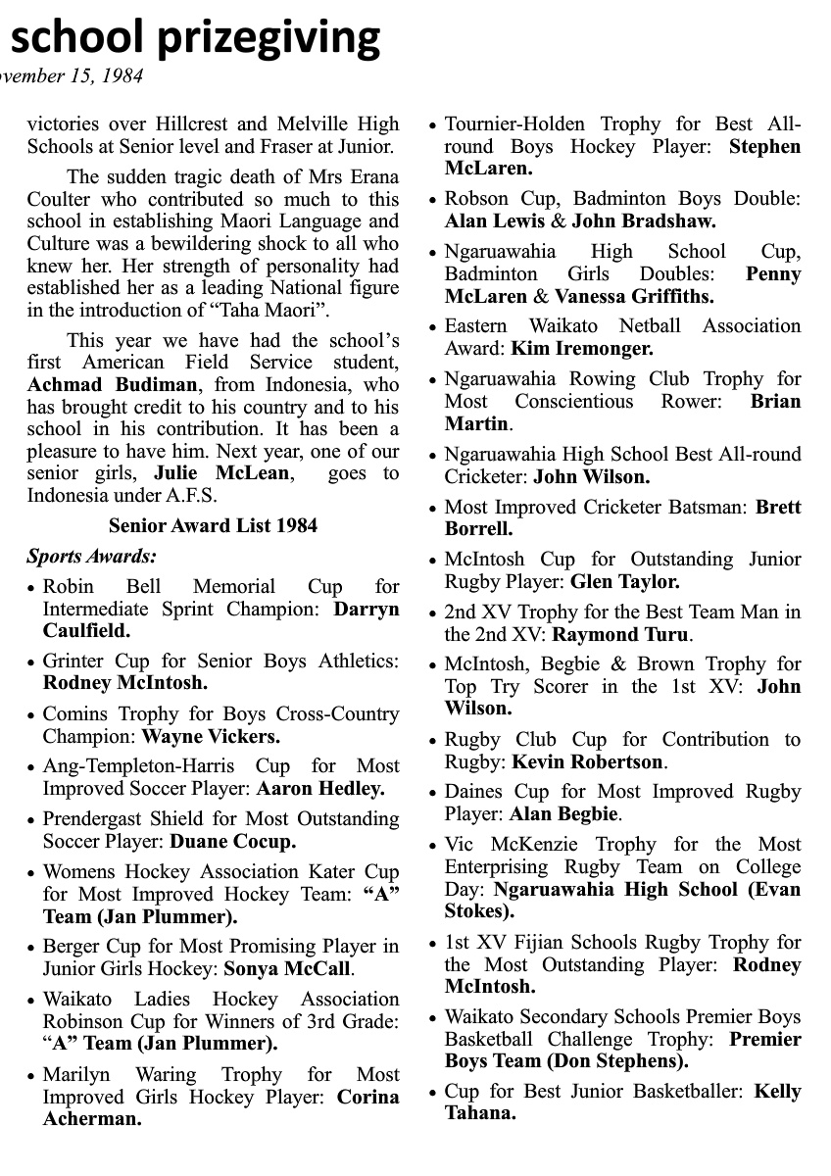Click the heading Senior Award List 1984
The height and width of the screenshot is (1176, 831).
click(x=213, y=526)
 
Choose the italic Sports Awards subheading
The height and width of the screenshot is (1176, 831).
click(x=91, y=557)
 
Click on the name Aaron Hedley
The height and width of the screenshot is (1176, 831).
click(x=320, y=789)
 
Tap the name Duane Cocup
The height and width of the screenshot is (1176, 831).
click(x=233, y=842)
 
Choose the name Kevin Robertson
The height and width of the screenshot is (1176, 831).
click(x=598, y=762)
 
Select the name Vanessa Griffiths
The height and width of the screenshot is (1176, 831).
click(x=634, y=296)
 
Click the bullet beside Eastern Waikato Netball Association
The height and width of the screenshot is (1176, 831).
click(x=433, y=327)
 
